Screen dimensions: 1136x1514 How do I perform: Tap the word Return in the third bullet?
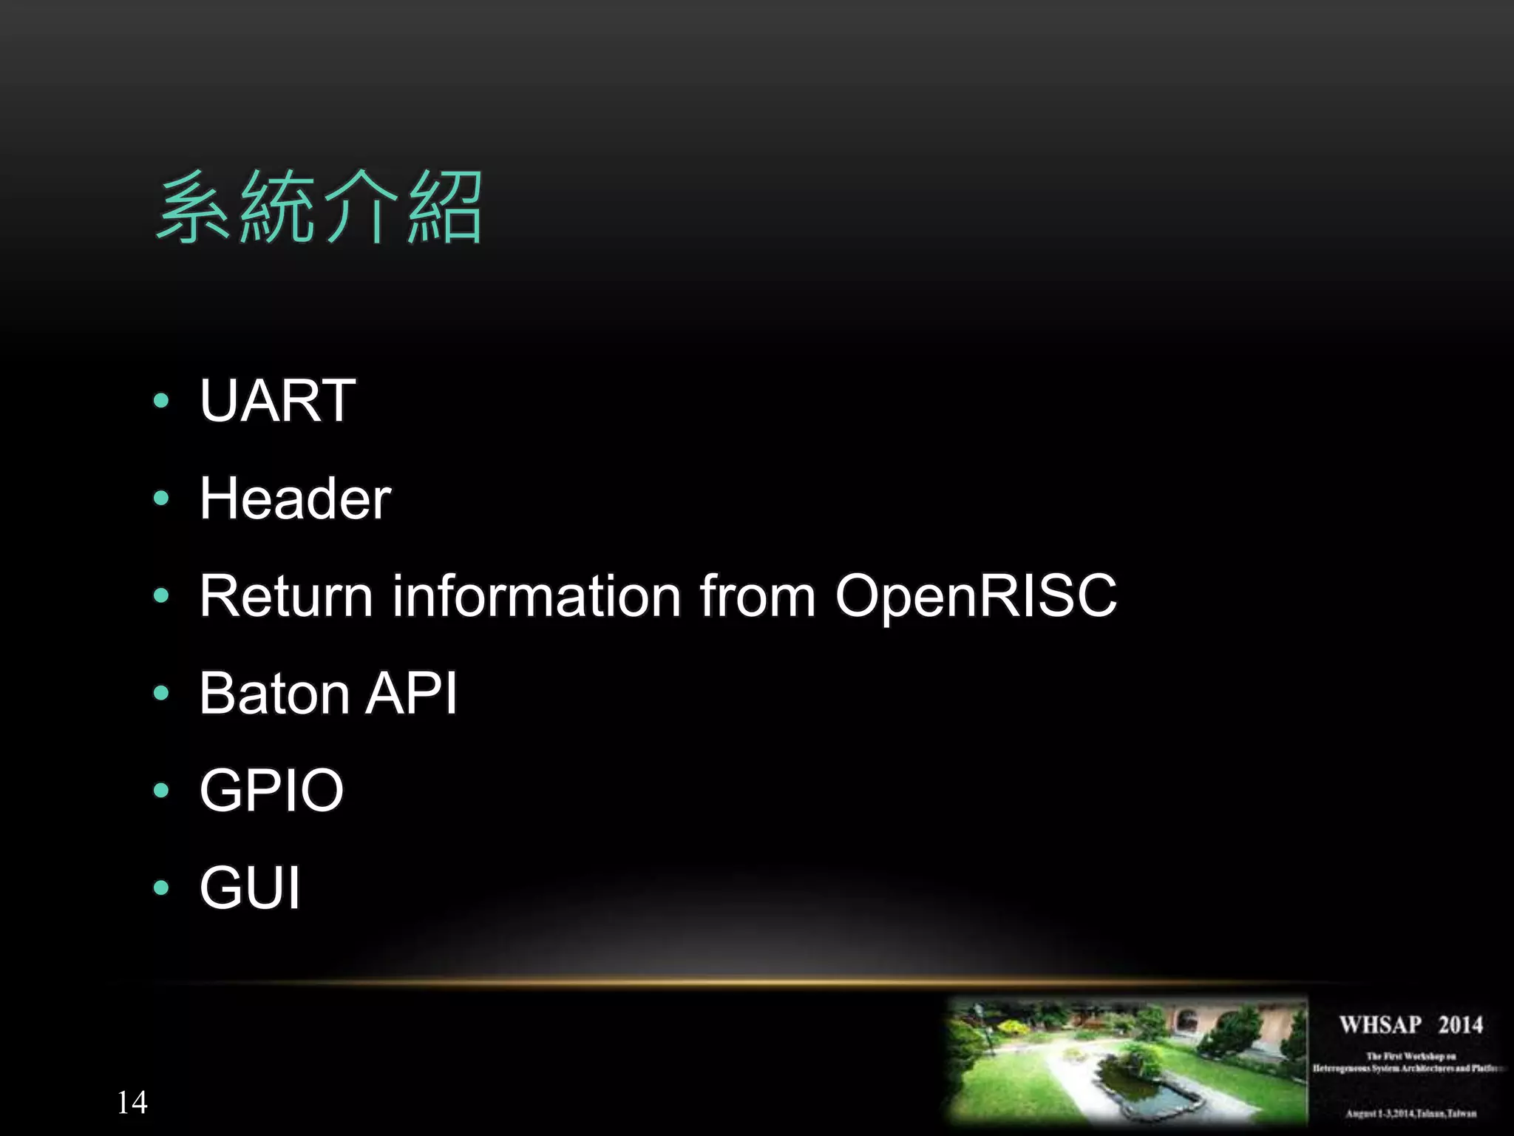pos(286,595)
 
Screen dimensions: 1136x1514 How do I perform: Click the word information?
pos(536,595)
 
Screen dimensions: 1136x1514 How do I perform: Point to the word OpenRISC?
pos(976,595)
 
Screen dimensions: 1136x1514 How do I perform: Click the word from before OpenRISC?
pos(758,595)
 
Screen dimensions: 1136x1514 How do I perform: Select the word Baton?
pos(274,693)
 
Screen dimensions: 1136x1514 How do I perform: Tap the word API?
pos(412,693)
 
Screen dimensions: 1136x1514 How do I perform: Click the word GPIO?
pos(271,790)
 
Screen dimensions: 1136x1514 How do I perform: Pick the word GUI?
pos(250,887)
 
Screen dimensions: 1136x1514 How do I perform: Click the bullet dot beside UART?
pos(161,401)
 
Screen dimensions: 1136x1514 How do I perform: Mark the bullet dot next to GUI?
pos(161,887)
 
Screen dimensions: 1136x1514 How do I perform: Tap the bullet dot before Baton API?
pos(161,693)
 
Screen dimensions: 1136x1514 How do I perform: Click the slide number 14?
pos(132,1103)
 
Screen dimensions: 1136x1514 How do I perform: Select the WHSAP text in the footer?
pos(1380,1025)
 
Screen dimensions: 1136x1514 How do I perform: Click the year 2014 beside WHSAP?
pos(1460,1025)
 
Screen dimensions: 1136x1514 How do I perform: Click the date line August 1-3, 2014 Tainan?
pos(1411,1113)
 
